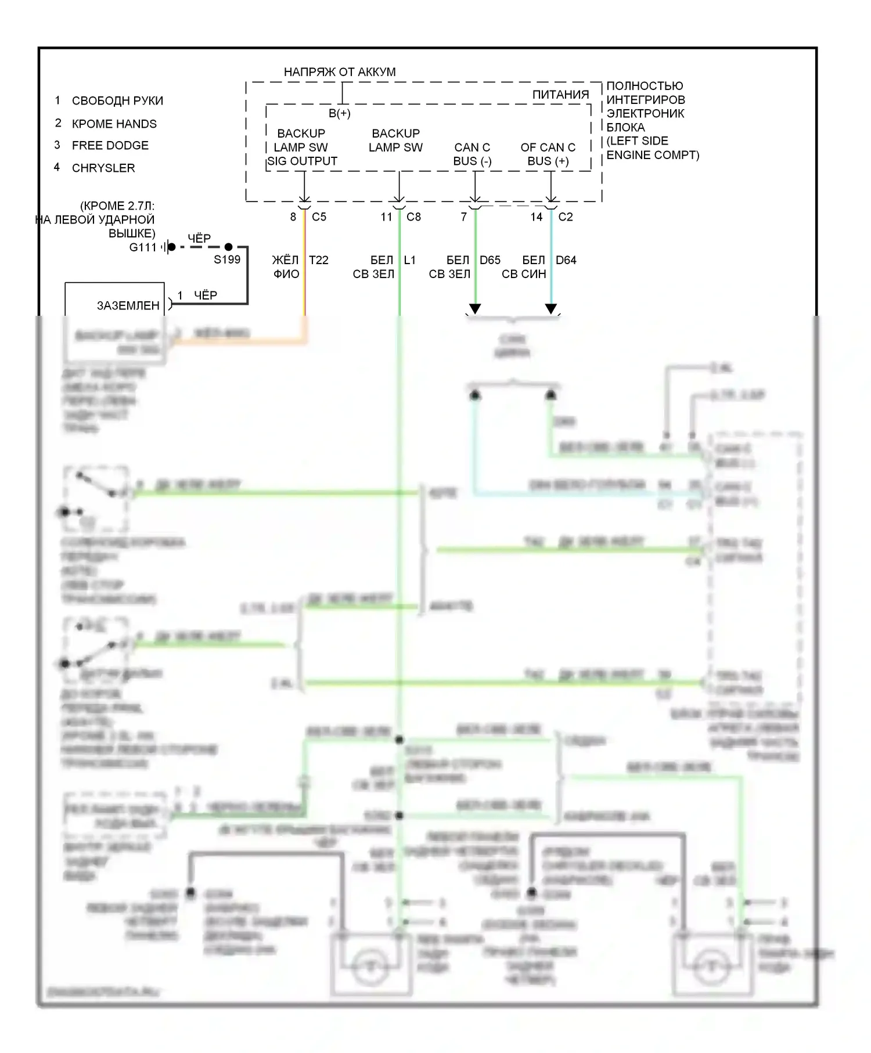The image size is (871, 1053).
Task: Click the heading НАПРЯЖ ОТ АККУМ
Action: (340, 72)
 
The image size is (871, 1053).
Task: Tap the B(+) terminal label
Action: (340, 113)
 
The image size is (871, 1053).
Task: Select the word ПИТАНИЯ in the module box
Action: (560, 95)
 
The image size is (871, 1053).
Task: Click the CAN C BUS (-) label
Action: (472, 154)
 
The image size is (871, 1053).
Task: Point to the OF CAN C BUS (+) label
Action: (548, 154)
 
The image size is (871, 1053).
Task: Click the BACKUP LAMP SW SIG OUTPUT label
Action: (301, 147)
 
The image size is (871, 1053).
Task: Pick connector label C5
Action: (319, 217)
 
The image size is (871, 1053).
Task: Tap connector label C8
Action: (413, 217)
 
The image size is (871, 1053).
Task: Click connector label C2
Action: (565, 217)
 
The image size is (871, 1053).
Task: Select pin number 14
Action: (536, 217)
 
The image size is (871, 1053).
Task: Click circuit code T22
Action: (318, 260)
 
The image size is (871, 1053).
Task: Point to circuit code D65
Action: (490, 260)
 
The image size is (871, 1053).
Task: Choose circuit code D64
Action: (566, 260)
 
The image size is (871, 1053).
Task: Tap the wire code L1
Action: (409, 260)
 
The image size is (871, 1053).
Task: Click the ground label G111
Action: (143, 247)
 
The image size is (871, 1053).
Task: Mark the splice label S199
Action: (226, 259)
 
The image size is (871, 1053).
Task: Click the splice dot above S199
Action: (228, 247)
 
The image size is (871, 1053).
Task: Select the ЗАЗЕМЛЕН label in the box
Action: (128, 305)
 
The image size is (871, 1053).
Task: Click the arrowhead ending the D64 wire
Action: (551, 308)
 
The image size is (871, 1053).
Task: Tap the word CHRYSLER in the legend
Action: (103, 168)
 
